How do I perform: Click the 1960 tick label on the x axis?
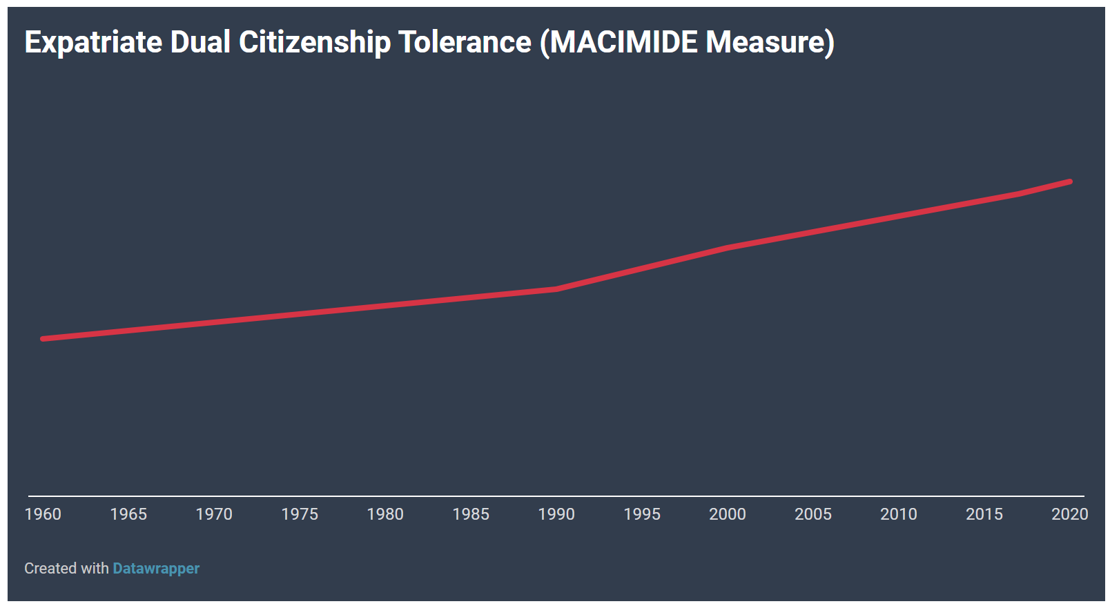pos(43,514)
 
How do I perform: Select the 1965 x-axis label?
pos(128,514)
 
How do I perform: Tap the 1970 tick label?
pos(214,514)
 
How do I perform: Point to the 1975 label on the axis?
pos(300,514)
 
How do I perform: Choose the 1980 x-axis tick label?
pos(385,514)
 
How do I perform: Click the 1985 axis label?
pos(471,514)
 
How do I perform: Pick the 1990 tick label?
pos(556,514)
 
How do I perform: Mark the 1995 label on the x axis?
pos(642,514)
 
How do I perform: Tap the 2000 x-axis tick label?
pos(728,514)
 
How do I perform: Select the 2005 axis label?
pos(813,514)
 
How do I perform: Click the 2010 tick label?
pos(898,514)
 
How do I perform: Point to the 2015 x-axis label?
pos(984,514)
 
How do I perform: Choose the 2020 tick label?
pos(1070,514)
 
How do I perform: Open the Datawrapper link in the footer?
pos(156,568)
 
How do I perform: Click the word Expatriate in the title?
pos(93,43)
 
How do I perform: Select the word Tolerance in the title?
pos(465,42)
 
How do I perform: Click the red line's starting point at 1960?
pos(43,339)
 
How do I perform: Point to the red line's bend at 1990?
pos(556,289)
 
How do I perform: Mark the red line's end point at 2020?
pos(1070,182)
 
